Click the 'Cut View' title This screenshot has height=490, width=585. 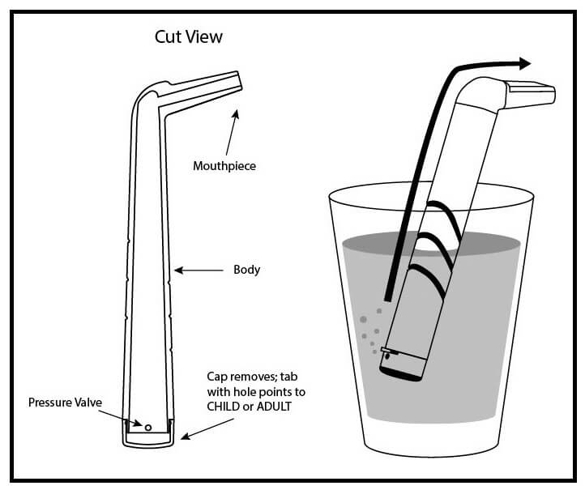[189, 37]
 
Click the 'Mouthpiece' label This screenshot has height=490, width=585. [224, 166]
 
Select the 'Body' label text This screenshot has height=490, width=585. [246, 270]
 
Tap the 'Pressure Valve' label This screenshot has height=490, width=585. [63, 402]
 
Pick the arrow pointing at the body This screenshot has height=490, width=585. [199, 270]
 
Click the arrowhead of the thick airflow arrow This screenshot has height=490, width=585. [523, 63]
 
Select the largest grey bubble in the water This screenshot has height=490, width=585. [361, 321]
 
